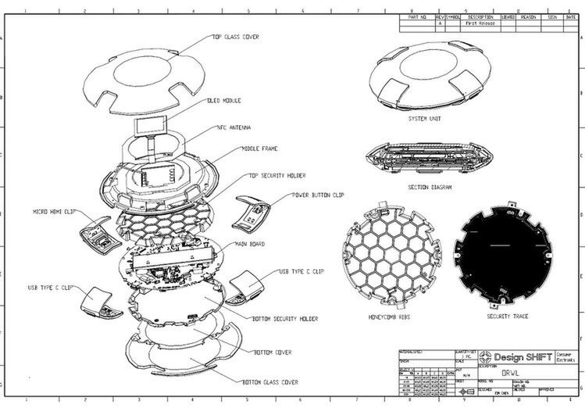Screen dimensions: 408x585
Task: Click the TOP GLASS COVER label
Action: (235, 36)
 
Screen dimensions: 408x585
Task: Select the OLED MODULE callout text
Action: (224, 101)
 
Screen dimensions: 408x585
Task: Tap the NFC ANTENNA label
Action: (234, 127)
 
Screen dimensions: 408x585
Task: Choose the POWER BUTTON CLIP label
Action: (316, 195)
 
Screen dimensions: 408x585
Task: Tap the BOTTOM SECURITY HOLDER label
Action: (286, 318)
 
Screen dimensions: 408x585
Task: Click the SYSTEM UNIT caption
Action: (425, 120)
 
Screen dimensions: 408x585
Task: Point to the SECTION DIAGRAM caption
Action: (430, 187)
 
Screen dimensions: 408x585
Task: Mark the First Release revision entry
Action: (479, 23)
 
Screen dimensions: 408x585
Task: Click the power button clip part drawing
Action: (251, 214)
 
